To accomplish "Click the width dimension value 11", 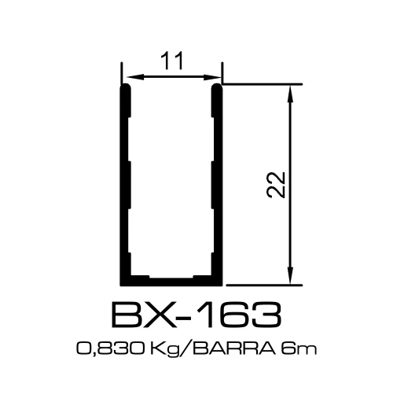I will [171, 61].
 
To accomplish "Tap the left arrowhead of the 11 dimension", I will [130, 77].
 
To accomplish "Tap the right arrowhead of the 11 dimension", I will [215, 77].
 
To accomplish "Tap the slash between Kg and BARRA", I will [182, 348].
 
